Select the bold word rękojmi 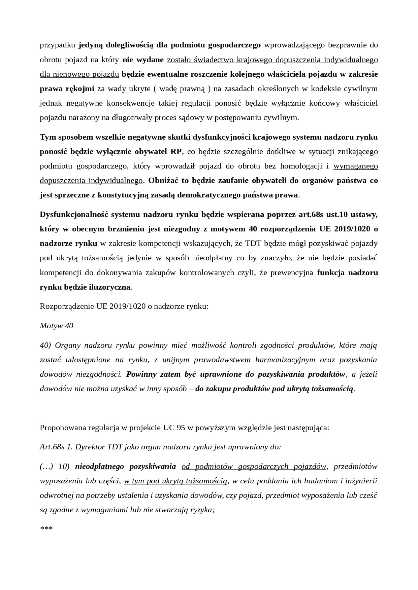pos(80,89)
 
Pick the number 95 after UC pos(181,428)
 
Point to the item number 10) pos(64,467)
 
